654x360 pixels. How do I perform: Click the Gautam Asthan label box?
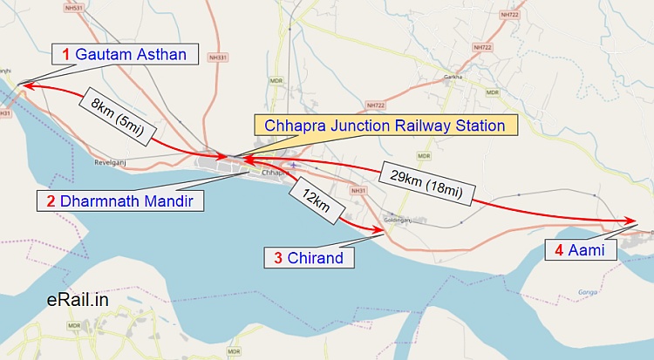(x=124, y=54)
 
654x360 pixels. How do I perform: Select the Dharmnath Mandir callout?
(x=119, y=200)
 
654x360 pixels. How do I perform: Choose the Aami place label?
(x=581, y=250)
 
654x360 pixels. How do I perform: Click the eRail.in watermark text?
(x=78, y=300)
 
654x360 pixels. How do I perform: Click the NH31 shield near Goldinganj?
(x=356, y=190)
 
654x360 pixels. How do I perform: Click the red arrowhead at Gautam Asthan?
(x=22, y=85)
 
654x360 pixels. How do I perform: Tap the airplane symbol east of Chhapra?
(x=295, y=164)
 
